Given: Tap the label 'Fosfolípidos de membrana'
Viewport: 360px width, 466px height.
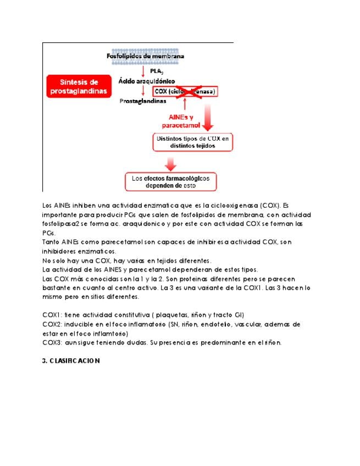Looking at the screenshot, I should [x=145, y=56].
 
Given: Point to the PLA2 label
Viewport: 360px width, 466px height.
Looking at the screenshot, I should [x=157, y=71].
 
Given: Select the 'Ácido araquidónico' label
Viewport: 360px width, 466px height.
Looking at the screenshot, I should [x=147, y=80].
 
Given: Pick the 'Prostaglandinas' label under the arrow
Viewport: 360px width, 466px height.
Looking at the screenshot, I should [x=143, y=101].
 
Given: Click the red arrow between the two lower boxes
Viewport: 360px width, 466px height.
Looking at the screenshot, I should [x=171, y=163].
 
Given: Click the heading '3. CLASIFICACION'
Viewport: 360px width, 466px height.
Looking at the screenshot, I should [x=71, y=361].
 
